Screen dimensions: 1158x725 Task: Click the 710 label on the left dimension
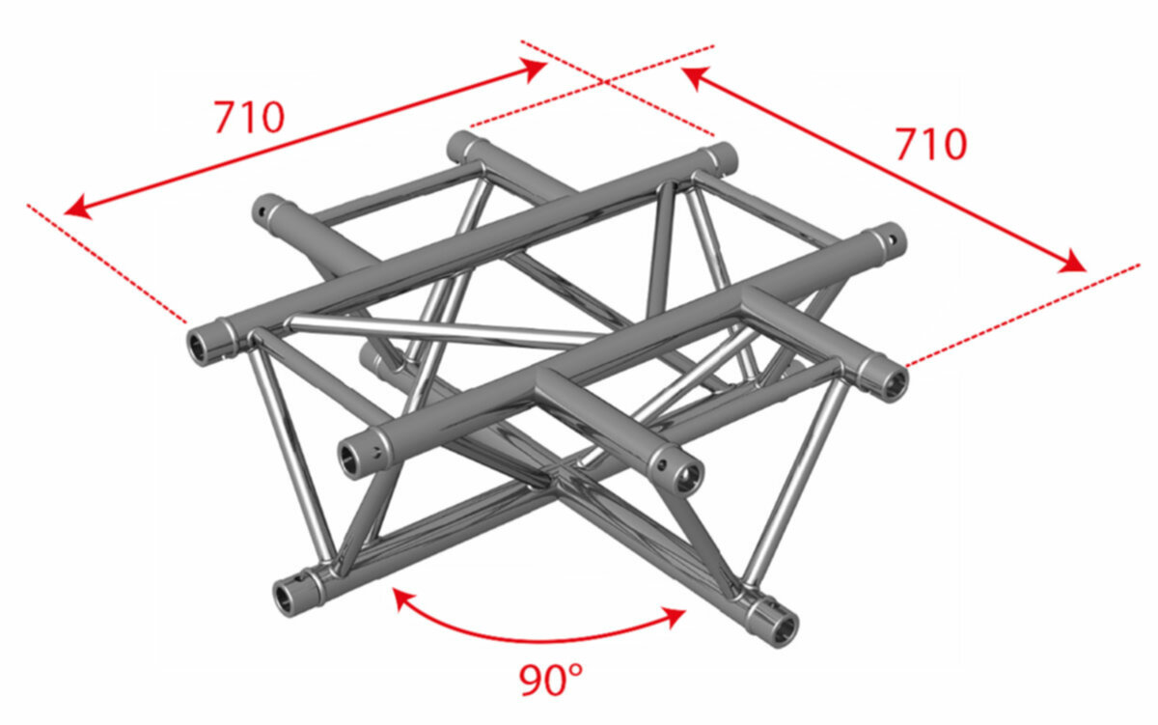[249, 118]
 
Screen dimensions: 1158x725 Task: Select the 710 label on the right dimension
[931, 144]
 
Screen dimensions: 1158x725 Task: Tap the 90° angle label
[550, 680]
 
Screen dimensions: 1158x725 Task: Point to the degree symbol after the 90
[575, 670]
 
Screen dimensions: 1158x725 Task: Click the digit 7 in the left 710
[226, 118]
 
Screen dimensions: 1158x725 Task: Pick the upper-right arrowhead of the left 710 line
[533, 70]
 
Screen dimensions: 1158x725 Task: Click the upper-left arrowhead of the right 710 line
[696, 77]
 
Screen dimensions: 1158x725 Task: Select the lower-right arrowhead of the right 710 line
[1072, 262]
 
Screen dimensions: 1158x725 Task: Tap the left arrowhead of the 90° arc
[403, 600]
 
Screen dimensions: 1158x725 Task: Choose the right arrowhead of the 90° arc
[675, 618]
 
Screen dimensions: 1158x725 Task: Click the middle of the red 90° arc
[538, 641]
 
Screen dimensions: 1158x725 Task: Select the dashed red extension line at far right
[1023, 316]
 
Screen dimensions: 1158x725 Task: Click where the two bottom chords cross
[556, 475]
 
